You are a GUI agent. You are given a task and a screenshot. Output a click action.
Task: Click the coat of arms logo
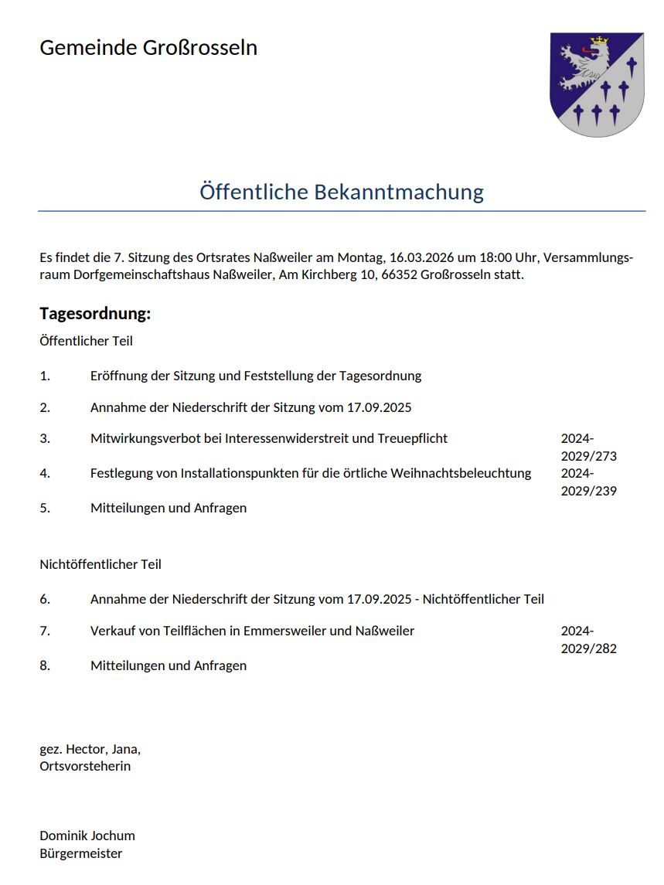597,84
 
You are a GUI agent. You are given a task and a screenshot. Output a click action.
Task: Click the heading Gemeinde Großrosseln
148,48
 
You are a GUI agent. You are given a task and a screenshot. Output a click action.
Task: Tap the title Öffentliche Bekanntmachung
342,192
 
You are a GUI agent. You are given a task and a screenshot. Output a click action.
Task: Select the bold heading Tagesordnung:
95,314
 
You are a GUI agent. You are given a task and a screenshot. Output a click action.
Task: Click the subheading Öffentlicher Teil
86,340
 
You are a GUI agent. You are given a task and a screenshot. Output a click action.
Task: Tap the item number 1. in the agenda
45,376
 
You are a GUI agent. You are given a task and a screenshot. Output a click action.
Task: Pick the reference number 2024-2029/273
588,447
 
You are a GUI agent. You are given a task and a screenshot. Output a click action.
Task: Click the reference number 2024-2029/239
588,482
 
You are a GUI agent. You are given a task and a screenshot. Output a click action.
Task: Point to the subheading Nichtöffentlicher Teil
100,564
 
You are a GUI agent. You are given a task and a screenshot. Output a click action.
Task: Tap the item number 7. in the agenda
45,631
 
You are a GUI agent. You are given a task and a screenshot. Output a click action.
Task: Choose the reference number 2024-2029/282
588,639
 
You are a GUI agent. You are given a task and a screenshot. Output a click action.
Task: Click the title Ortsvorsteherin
85,766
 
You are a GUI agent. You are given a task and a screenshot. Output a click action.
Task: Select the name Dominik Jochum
87,836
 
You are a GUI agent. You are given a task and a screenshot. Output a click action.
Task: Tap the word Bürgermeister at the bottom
81,853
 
